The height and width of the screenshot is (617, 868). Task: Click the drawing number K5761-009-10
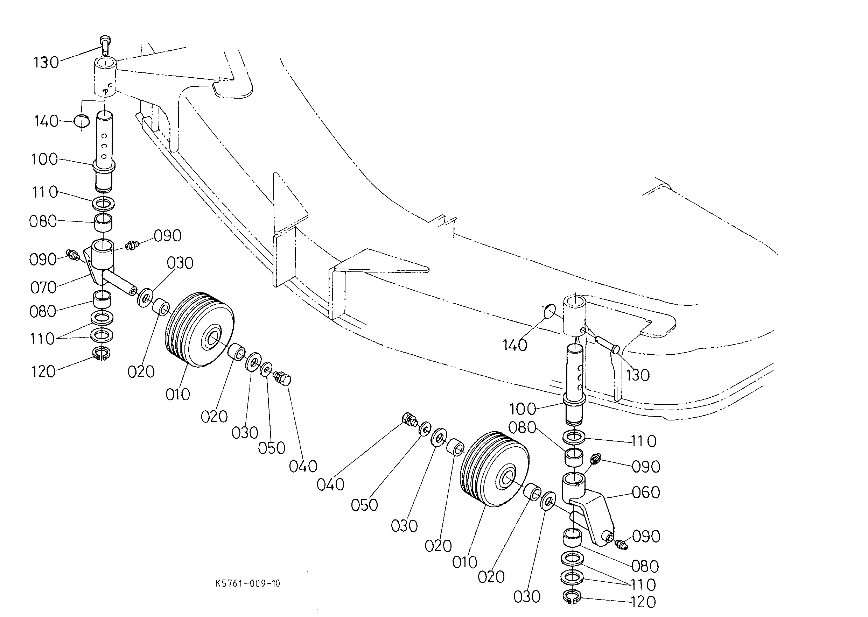pos(247,583)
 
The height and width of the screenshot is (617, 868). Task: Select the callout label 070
pos(43,287)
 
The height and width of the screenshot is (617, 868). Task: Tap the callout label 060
pos(646,492)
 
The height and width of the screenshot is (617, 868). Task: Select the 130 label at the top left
pos(46,62)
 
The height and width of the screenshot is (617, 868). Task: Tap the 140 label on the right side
pos(515,345)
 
